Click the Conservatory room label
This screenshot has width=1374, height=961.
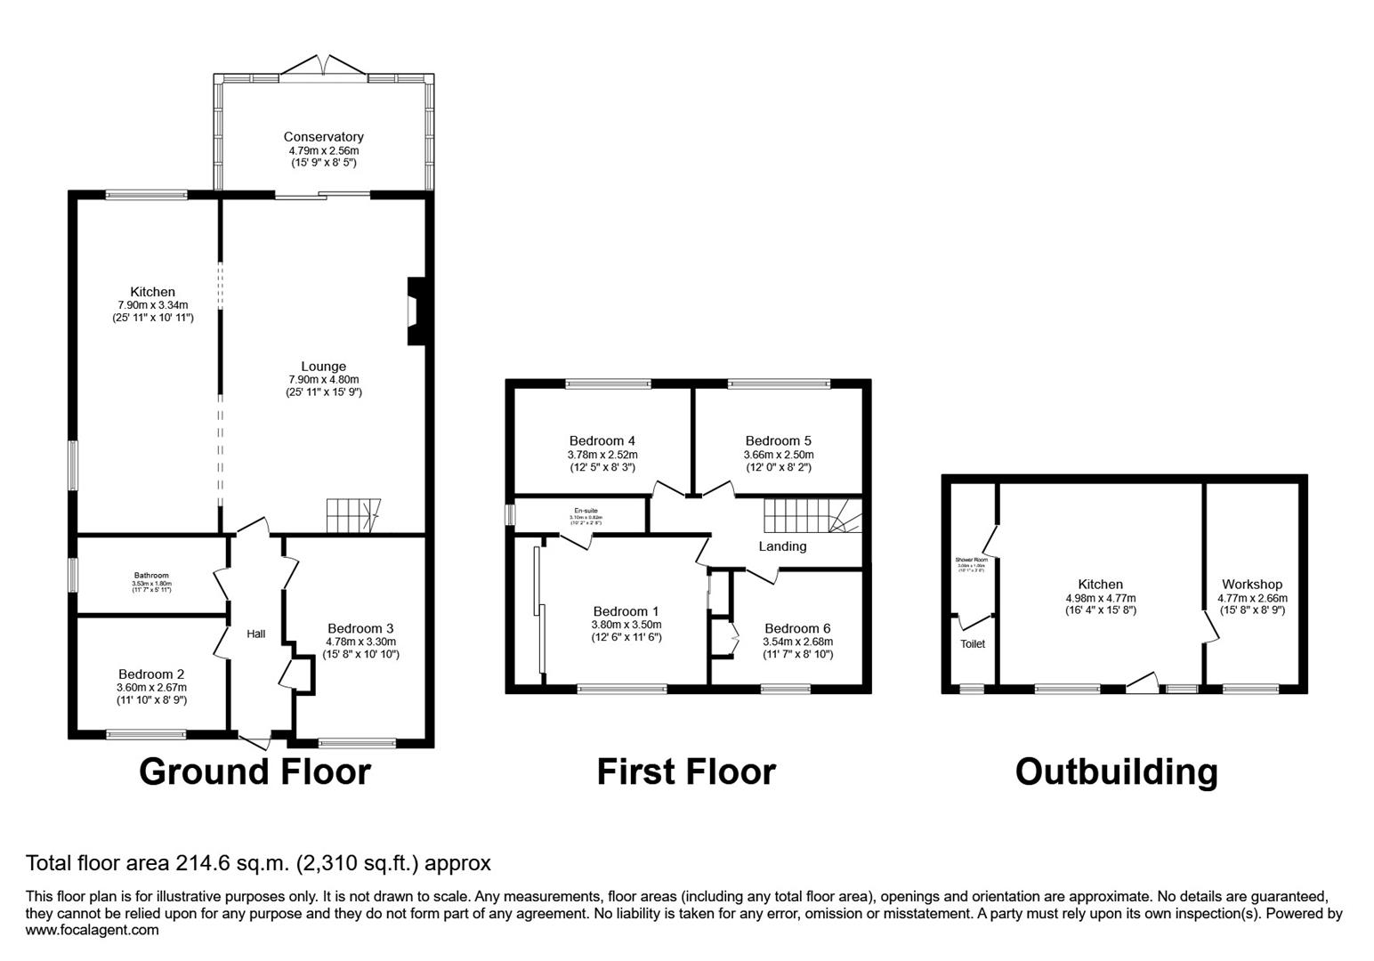click(x=323, y=137)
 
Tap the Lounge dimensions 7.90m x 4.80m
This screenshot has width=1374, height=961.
click(x=323, y=380)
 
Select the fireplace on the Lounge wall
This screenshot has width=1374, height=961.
click(x=415, y=311)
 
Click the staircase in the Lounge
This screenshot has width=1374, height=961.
click(x=352, y=516)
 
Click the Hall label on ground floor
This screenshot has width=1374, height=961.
click(x=256, y=634)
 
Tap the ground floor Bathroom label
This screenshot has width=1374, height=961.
click(x=151, y=576)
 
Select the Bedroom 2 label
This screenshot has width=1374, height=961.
click(x=151, y=674)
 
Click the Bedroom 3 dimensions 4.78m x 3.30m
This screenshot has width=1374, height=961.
click(x=360, y=642)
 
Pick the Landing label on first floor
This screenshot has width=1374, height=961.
click(x=782, y=546)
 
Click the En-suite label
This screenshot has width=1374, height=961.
click(x=585, y=511)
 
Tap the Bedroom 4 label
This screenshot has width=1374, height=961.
click(x=602, y=440)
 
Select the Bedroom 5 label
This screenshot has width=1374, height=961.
click(x=778, y=440)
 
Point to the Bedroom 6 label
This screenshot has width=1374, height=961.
click(x=797, y=628)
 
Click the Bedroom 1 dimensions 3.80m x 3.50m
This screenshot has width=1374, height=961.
click(x=626, y=625)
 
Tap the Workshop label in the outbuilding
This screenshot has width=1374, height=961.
click(x=1252, y=585)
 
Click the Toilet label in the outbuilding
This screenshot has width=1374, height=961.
click(x=973, y=644)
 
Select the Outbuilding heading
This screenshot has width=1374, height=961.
click(x=1116, y=771)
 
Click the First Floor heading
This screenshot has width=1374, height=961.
click(x=685, y=771)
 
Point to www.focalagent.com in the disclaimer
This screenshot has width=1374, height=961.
click(x=93, y=931)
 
